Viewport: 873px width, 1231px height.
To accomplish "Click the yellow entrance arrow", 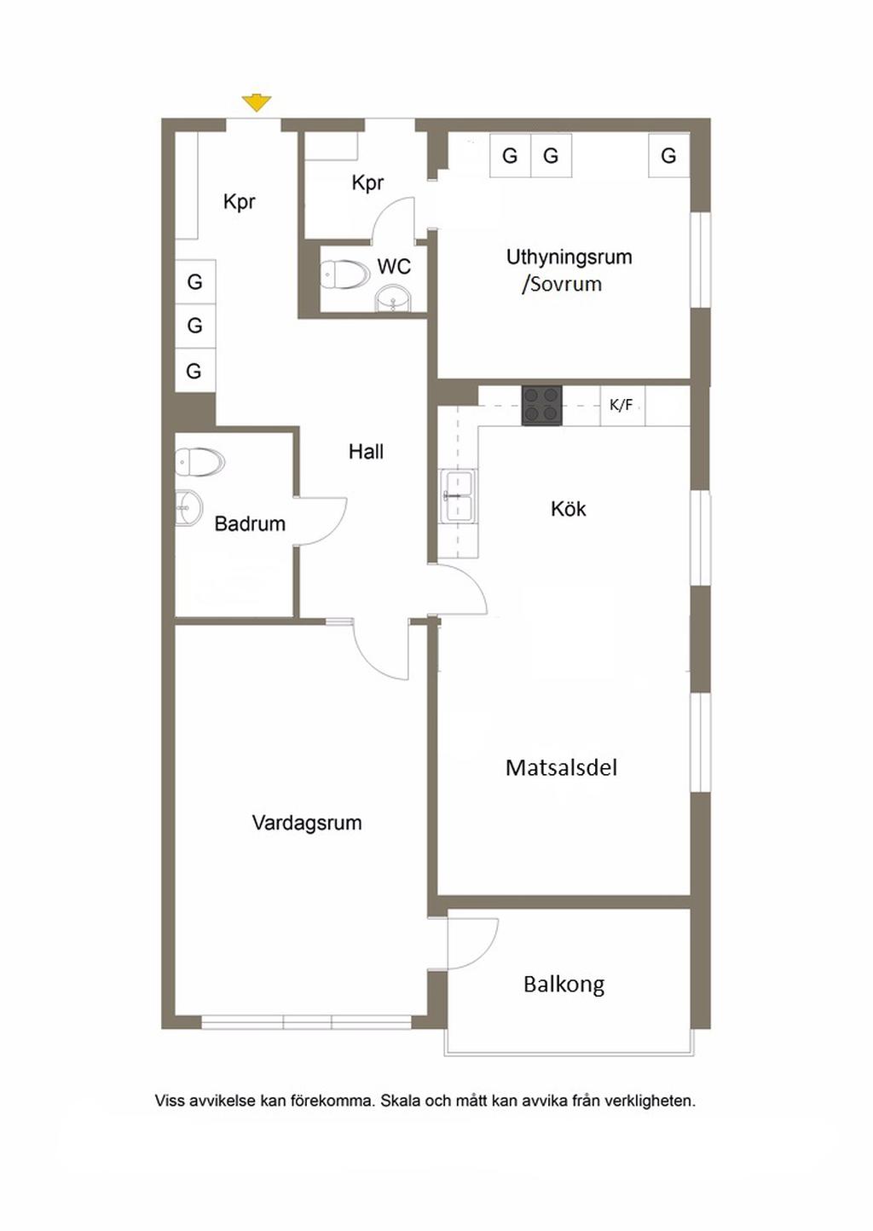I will click(256, 103).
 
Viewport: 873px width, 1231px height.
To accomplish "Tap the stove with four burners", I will click(541, 405).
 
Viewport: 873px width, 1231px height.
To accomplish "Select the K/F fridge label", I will click(622, 405).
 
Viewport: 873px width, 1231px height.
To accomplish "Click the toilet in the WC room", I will click(343, 275).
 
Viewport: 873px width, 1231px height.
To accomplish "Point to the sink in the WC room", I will click(393, 300).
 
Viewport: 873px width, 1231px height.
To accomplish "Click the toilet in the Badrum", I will click(199, 462).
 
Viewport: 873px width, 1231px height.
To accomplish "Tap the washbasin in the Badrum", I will click(188, 507).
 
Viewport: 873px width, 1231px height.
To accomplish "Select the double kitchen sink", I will click(458, 496).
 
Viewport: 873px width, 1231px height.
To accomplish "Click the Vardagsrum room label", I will click(307, 823).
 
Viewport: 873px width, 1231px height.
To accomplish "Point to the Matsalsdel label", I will click(561, 767).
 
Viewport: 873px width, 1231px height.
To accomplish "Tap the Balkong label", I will click(564, 985).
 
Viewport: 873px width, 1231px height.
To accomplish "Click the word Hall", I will click(366, 452).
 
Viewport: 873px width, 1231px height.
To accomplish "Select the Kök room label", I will click(568, 509).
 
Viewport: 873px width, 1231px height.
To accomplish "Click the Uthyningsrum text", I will click(569, 257).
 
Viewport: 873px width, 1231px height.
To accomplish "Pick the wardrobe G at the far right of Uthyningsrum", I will click(668, 156).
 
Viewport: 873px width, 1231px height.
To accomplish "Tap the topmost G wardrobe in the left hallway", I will click(194, 282).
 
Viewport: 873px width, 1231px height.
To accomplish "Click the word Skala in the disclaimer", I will click(401, 1101).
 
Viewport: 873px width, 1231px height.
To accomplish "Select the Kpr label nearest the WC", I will click(367, 183).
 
